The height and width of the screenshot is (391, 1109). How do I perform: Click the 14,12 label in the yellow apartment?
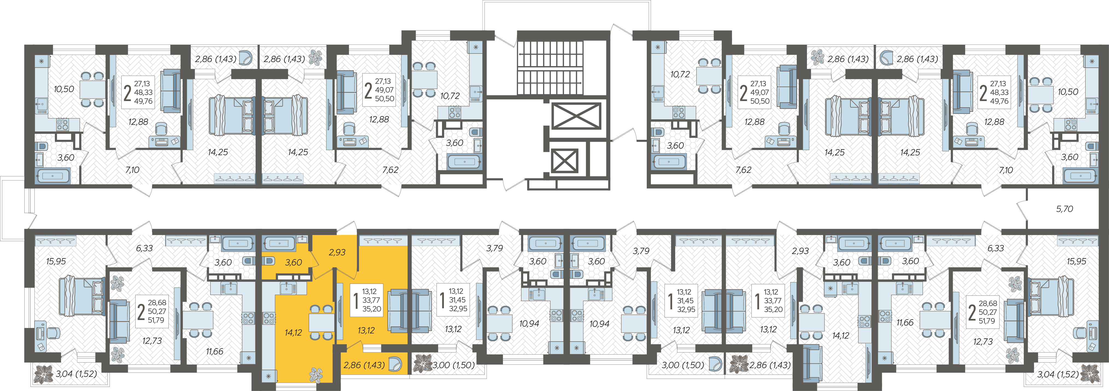tap(293, 333)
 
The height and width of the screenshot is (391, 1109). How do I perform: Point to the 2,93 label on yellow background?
tap(337, 253)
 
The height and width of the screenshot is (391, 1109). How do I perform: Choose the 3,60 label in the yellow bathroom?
tap(293, 262)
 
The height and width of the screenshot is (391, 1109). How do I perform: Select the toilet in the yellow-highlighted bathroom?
tap(269, 261)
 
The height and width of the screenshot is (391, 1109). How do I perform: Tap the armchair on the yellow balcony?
tap(396, 364)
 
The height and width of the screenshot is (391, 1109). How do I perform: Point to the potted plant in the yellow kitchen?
tap(317, 375)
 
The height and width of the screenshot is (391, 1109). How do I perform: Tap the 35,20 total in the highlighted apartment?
tap(371, 309)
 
